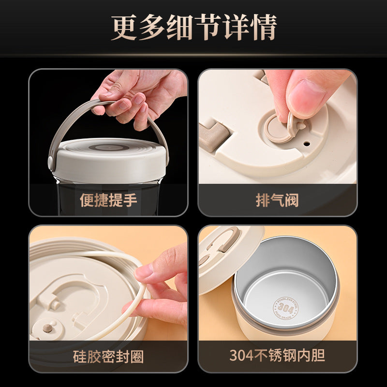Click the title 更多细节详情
(193, 28)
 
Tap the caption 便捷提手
(108, 200)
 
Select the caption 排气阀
(277, 200)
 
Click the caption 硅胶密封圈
(108, 357)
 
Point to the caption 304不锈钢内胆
(277, 356)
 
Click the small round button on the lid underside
(47, 328)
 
